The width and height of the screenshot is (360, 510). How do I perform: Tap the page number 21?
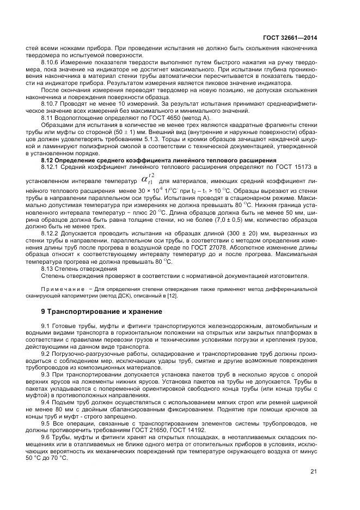(x=313, y=472)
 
